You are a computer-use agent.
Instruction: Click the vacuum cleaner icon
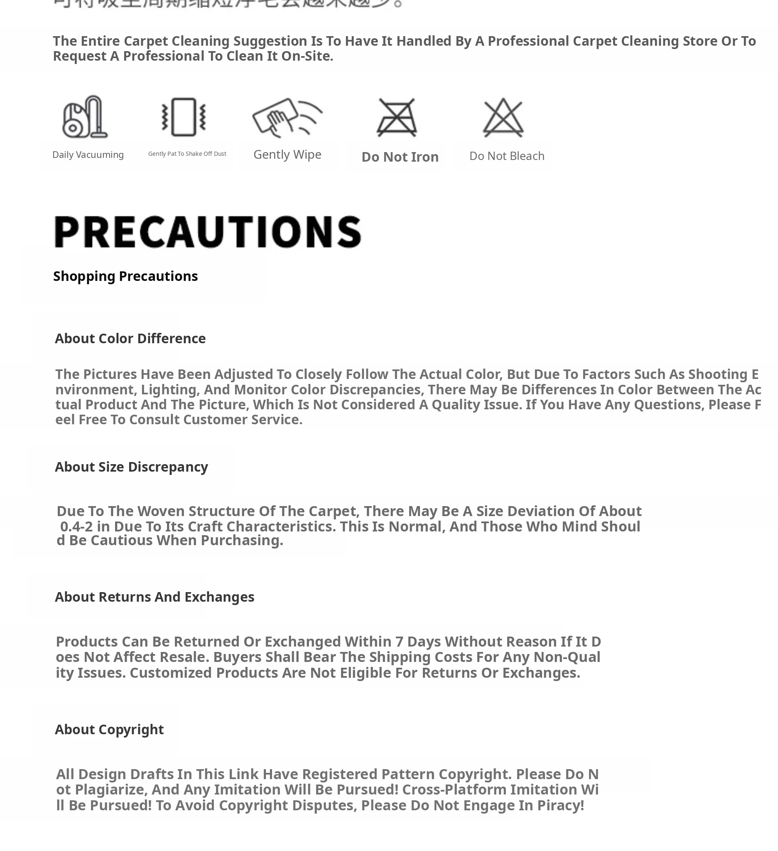point(85,117)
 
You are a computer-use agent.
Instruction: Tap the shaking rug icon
point(184,117)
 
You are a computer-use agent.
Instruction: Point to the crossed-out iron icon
point(397,118)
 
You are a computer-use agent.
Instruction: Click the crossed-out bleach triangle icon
point(503,118)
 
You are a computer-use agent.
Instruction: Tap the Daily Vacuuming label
point(88,155)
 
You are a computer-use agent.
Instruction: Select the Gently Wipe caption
point(287,155)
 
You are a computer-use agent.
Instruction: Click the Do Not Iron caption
point(400,157)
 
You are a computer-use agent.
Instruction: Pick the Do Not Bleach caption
point(506,156)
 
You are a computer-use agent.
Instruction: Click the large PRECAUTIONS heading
point(208,232)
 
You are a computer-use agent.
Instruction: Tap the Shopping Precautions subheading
point(125,276)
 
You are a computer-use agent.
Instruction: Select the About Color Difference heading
point(130,339)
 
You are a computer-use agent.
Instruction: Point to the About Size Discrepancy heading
point(131,467)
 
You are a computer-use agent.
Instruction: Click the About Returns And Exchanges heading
point(155,597)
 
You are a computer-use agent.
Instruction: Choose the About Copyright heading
point(109,729)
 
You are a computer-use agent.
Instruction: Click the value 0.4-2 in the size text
point(76,526)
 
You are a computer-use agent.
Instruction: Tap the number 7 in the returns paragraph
point(399,642)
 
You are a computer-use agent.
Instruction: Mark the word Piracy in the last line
point(560,805)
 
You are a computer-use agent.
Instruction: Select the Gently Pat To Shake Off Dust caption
point(187,154)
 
